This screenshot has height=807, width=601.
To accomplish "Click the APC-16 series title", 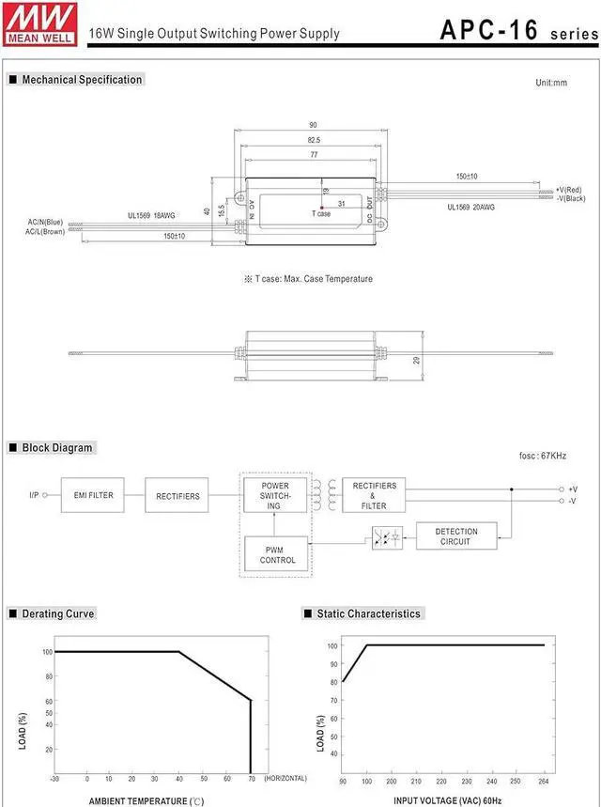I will click(516, 30).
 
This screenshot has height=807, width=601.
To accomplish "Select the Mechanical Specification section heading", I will click(82, 80).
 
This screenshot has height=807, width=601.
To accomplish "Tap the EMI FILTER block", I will click(93, 495).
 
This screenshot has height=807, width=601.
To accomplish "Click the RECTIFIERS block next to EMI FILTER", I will click(177, 495).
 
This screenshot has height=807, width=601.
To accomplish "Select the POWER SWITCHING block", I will click(274, 495).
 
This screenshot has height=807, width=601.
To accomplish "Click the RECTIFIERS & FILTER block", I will click(374, 495).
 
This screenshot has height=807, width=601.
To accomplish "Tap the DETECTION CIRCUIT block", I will click(456, 536).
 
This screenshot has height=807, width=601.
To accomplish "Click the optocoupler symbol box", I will click(387, 538).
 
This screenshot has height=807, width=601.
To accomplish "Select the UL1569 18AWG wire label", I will click(153, 215).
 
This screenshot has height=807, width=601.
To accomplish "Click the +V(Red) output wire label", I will click(569, 189).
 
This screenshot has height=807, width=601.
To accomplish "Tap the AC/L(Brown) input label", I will click(46, 231).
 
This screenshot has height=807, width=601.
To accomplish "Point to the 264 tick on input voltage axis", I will click(544, 781).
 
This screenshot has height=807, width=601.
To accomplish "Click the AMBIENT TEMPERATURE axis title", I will click(146, 800).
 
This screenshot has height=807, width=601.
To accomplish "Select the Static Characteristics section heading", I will click(368, 613).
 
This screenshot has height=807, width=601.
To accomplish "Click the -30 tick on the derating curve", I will click(55, 779).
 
